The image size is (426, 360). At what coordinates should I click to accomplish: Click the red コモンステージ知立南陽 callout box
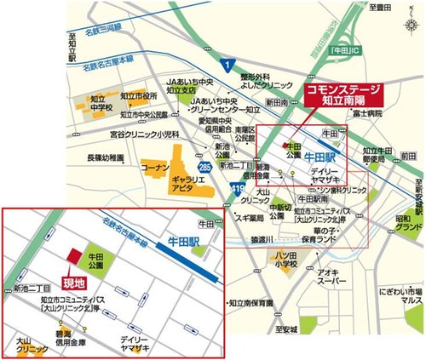(341, 93)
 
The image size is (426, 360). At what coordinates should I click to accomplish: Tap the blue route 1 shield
(227, 65)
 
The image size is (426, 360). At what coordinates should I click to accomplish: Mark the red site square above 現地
(73, 257)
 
